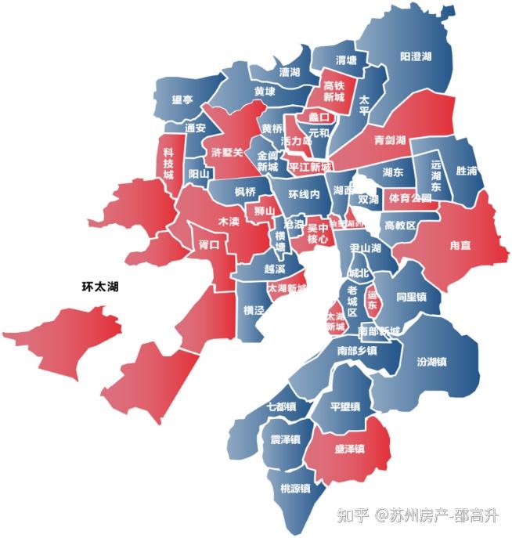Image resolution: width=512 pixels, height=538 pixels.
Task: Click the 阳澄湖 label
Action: pyautogui.click(x=416, y=56)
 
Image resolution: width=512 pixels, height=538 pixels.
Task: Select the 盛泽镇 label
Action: pyautogui.click(x=350, y=450)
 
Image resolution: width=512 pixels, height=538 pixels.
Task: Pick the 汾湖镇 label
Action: pyautogui.click(x=431, y=362)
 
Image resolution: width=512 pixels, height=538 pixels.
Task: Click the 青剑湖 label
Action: pyautogui.click(x=389, y=141)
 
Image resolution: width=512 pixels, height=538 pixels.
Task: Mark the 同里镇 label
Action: pyautogui.click(x=410, y=298)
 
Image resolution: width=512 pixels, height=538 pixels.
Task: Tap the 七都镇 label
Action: pyautogui.click(x=281, y=407)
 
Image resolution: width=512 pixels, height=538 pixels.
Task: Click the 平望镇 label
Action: pyautogui.click(x=344, y=407)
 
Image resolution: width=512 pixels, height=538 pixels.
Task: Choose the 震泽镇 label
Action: pyautogui.click(x=285, y=439)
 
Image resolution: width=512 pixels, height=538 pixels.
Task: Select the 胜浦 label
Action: pyautogui.click(x=467, y=171)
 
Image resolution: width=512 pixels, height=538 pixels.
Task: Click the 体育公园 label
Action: pyautogui.click(x=410, y=198)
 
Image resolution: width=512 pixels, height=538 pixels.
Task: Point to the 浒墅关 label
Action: pyautogui.click(x=227, y=152)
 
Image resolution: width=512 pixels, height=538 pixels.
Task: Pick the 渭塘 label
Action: pyautogui.click(x=346, y=60)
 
